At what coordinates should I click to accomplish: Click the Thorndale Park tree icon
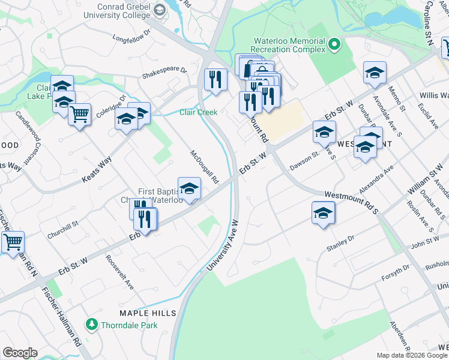click(92, 325)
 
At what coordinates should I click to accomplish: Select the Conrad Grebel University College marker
click(160, 10)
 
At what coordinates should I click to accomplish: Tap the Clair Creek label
click(199, 112)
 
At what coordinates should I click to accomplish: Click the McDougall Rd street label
click(204, 167)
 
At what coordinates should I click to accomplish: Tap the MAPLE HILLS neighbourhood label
click(148, 313)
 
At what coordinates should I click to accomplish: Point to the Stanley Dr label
click(340, 242)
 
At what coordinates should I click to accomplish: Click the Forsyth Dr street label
click(395, 273)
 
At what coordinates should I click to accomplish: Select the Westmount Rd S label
click(352, 203)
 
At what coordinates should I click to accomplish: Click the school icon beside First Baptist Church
click(189, 189)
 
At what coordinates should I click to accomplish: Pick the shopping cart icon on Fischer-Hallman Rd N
click(13, 242)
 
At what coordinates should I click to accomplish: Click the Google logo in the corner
click(20, 353)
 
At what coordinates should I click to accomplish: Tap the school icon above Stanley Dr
click(323, 213)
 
